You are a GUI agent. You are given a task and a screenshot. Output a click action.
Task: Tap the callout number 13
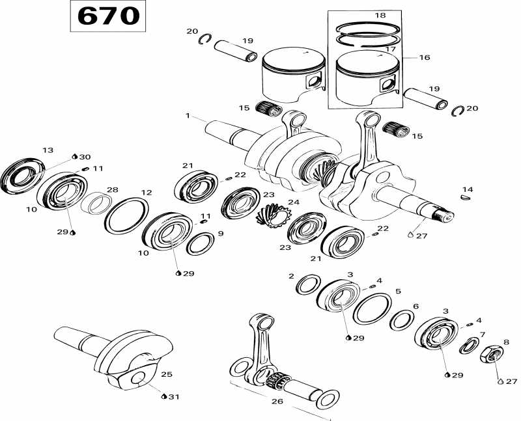coord(48,150)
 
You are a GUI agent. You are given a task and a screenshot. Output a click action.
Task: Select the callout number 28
coord(113,189)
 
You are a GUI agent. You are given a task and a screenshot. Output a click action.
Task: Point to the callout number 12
coord(147,193)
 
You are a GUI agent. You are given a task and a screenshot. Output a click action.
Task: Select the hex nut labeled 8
coord(493,355)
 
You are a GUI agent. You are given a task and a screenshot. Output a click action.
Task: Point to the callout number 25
coord(167,374)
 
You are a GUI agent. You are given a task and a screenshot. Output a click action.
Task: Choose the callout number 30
coord(85,157)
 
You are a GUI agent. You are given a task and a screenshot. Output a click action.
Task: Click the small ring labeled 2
coord(307,284)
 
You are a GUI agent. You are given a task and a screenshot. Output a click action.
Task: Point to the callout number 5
coord(398,292)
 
